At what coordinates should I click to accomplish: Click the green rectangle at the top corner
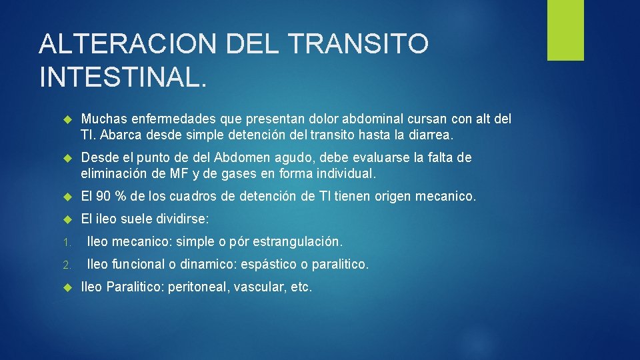click(565, 30)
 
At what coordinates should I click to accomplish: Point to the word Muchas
click(102, 119)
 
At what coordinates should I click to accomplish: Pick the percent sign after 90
click(123, 197)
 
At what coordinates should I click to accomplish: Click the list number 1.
click(67, 241)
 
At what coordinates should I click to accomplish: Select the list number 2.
click(67, 265)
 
